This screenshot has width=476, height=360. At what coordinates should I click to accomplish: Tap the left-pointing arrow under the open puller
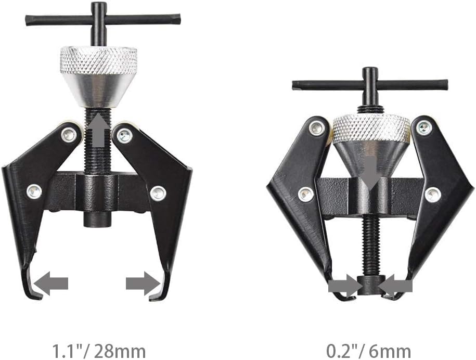click(51, 284)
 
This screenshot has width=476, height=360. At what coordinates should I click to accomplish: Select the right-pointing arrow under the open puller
click(143, 284)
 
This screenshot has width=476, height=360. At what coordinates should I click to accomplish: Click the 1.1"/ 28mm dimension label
click(99, 351)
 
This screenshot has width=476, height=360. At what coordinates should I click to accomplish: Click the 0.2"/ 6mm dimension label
click(368, 351)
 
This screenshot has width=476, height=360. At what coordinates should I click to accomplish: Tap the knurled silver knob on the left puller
click(98, 61)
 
